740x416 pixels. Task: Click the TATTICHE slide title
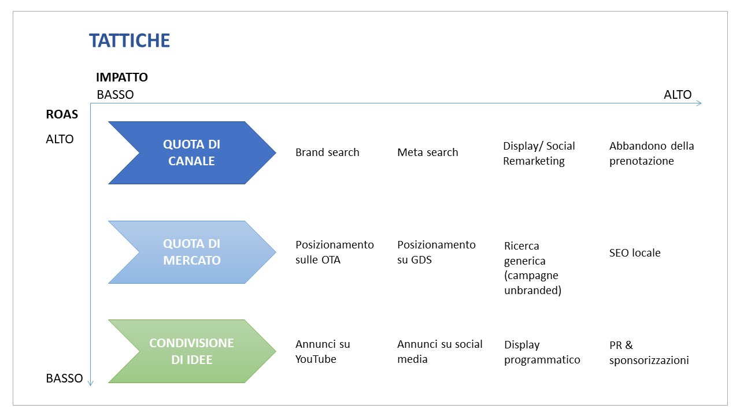129,40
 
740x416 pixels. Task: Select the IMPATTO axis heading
122,77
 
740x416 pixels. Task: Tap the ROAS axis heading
62,114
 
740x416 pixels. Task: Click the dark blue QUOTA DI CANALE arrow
192,153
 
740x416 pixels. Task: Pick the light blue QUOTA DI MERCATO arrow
192,252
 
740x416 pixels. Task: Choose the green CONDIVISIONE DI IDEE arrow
192,351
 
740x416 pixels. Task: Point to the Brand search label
327,152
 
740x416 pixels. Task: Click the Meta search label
428,152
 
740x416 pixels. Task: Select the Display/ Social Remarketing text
539,154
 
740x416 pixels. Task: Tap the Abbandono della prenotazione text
652,154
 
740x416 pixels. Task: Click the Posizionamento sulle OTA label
335,252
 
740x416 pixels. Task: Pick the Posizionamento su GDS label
436,252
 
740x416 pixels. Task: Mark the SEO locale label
635,253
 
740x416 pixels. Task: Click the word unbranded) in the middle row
533,291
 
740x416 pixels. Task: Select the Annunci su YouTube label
323,352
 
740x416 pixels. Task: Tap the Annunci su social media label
440,352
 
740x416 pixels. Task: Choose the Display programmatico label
542,352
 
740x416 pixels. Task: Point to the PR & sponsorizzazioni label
649,353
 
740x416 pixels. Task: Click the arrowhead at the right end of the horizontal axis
700,103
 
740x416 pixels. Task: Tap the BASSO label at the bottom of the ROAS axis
64,378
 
